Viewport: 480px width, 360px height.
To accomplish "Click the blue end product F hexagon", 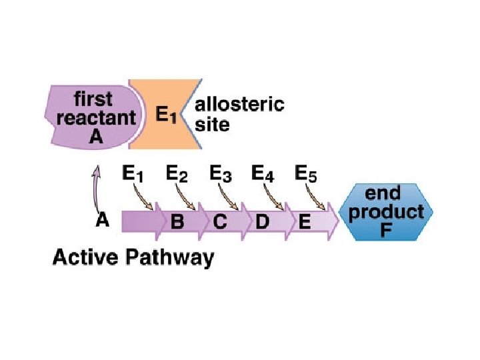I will (x=386, y=213).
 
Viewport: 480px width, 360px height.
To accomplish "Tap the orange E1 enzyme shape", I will (x=163, y=114).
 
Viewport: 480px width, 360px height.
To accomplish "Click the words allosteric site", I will (x=237, y=114).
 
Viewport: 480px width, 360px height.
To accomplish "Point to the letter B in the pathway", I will (x=178, y=223).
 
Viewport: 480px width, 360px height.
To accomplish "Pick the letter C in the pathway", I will (x=220, y=223).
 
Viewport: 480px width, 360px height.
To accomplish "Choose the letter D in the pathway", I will (x=262, y=223).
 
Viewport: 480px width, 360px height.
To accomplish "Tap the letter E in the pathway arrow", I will (x=304, y=223).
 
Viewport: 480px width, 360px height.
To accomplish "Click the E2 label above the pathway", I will (x=176, y=175).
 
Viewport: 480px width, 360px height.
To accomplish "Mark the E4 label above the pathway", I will (x=263, y=175).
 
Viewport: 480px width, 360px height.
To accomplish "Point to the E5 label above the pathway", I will (x=306, y=175).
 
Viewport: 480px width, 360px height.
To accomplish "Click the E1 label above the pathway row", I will (x=133, y=175).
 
